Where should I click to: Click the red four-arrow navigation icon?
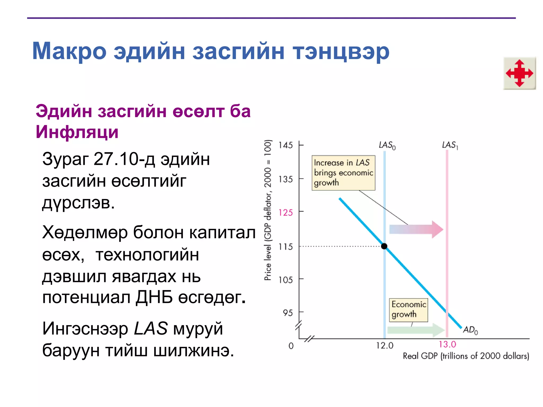point(519,73)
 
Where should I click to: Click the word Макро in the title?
point(69,51)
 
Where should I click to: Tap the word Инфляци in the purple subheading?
point(77,132)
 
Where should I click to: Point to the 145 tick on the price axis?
point(286,145)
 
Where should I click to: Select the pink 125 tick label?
point(286,213)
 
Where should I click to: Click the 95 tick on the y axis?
point(288,313)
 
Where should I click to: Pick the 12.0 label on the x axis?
point(385,346)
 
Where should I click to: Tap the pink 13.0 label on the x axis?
point(447,344)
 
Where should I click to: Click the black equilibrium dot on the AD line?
point(384,246)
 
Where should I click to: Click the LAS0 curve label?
point(387,145)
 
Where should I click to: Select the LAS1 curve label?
point(450,145)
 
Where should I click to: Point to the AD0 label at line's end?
point(470,330)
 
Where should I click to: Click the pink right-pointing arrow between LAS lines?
point(416,229)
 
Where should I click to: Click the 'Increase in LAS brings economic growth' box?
point(343,173)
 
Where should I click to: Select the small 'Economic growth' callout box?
point(408,309)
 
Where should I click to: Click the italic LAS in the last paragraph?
point(151,328)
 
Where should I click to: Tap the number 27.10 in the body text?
point(116,159)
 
